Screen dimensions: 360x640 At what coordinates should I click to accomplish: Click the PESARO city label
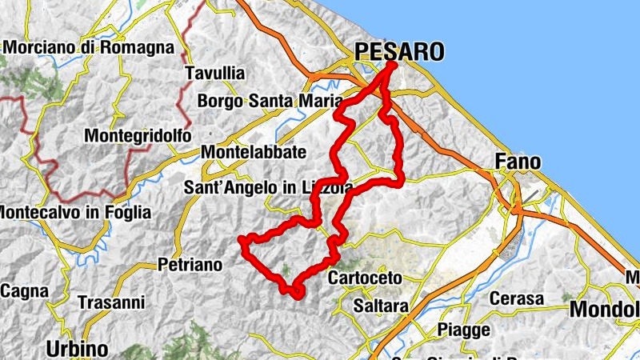tap(398, 53)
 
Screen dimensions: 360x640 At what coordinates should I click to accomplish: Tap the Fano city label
tap(518, 162)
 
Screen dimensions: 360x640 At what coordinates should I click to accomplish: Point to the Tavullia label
tap(214, 74)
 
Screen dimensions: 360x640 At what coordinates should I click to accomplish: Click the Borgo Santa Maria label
tap(269, 102)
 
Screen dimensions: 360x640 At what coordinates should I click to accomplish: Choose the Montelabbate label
tap(254, 152)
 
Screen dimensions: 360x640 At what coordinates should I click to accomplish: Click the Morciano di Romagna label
tap(88, 47)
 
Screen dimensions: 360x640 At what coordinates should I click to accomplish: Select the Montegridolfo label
tap(138, 137)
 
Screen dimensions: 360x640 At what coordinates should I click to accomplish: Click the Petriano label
tap(189, 263)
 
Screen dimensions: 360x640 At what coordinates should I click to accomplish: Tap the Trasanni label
tap(111, 303)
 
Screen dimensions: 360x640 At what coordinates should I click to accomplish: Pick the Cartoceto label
tap(369, 278)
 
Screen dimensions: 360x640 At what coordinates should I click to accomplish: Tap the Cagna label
tap(25, 292)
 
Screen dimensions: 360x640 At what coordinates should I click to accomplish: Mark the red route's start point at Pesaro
tap(394, 64)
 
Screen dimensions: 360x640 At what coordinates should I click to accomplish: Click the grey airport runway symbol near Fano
tap(529, 192)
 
